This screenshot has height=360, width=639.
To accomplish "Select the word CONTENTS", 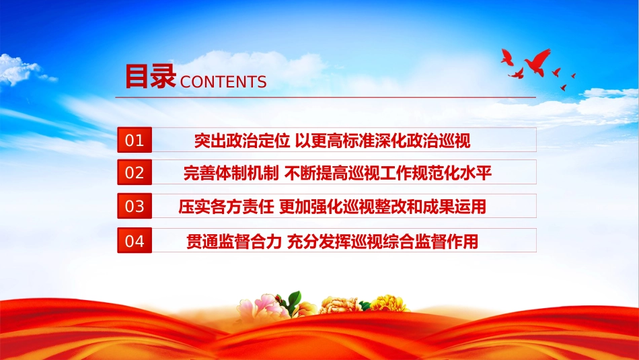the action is (x=223, y=82).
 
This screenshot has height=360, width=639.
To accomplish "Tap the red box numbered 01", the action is (x=135, y=140).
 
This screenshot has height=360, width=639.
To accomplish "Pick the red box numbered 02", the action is (x=135, y=172).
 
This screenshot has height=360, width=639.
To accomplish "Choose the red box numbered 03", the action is (x=135, y=206).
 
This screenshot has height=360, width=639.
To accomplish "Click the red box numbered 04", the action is (x=135, y=240).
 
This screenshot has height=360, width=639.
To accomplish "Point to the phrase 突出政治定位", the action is (x=242, y=141).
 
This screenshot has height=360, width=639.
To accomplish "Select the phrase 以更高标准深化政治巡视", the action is (x=383, y=141).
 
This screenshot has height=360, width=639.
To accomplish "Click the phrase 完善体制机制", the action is (x=231, y=173).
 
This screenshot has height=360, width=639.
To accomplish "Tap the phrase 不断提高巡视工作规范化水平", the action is (x=388, y=173).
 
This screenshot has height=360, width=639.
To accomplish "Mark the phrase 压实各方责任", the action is (x=226, y=207).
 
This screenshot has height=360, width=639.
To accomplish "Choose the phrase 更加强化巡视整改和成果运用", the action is (x=383, y=207).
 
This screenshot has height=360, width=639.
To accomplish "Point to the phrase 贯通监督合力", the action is (x=234, y=242).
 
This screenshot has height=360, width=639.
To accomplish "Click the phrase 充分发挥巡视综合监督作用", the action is (x=383, y=242).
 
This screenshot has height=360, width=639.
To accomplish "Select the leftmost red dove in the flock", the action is (x=507, y=57).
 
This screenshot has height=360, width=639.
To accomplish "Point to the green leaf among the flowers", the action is (x=294, y=301).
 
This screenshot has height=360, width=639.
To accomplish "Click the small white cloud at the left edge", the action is (x=20, y=70).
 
